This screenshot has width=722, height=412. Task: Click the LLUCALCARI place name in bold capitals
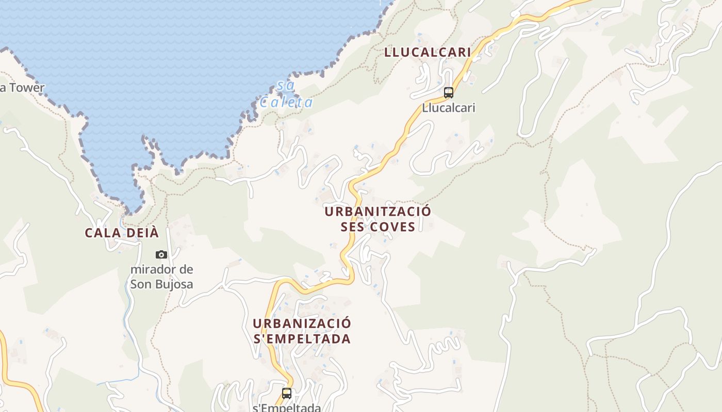click(x=428, y=52)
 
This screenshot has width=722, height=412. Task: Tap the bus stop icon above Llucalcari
click(x=449, y=93)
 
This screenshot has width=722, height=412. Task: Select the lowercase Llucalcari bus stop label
click(x=448, y=108)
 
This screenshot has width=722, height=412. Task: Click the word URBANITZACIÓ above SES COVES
click(x=378, y=212)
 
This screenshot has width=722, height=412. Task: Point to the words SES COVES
click(x=378, y=227)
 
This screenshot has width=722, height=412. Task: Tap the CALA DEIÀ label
click(x=122, y=233)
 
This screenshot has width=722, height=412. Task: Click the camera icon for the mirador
click(x=161, y=254)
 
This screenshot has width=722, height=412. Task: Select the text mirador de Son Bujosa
click(x=161, y=277)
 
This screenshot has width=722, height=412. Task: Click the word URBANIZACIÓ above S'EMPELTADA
click(x=302, y=323)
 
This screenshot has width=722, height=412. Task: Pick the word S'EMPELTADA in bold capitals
click(x=302, y=339)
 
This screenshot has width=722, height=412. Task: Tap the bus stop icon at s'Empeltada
click(x=287, y=393)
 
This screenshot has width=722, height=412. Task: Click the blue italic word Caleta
click(x=286, y=102)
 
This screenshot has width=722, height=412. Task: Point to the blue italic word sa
click(x=281, y=85)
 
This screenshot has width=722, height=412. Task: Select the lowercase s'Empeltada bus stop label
click(x=287, y=407)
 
